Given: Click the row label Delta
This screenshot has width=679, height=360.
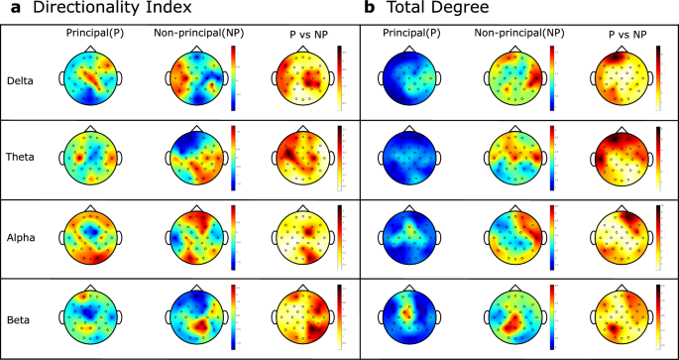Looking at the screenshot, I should [20, 81].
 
